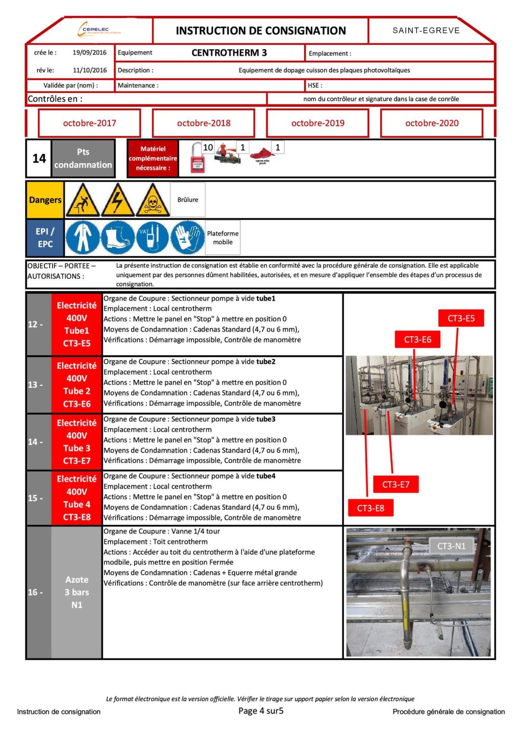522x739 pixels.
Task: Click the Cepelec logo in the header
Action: (99, 30)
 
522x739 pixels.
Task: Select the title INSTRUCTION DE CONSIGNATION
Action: (261, 31)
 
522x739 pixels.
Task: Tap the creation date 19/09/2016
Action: (89, 53)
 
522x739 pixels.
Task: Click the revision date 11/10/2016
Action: (89, 70)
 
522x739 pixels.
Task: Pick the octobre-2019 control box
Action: (318, 123)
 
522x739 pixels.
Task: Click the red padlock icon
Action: (197, 159)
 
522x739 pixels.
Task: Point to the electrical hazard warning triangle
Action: (117, 200)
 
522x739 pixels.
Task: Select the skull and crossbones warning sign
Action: (153, 200)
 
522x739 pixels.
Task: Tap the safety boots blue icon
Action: (117, 237)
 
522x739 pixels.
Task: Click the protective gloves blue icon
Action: (188, 237)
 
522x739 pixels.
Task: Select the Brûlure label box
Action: (188, 200)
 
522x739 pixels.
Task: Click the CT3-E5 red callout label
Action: (461, 318)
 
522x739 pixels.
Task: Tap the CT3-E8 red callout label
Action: (370, 508)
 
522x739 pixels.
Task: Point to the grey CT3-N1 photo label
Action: (451, 546)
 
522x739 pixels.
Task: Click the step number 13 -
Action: (35, 385)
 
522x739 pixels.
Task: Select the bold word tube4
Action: (266, 476)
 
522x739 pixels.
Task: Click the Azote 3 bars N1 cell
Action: (76, 592)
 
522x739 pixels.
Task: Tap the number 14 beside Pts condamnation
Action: (39, 159)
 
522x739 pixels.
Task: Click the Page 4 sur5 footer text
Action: (261, 711)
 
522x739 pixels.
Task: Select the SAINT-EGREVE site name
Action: (426, 30)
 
